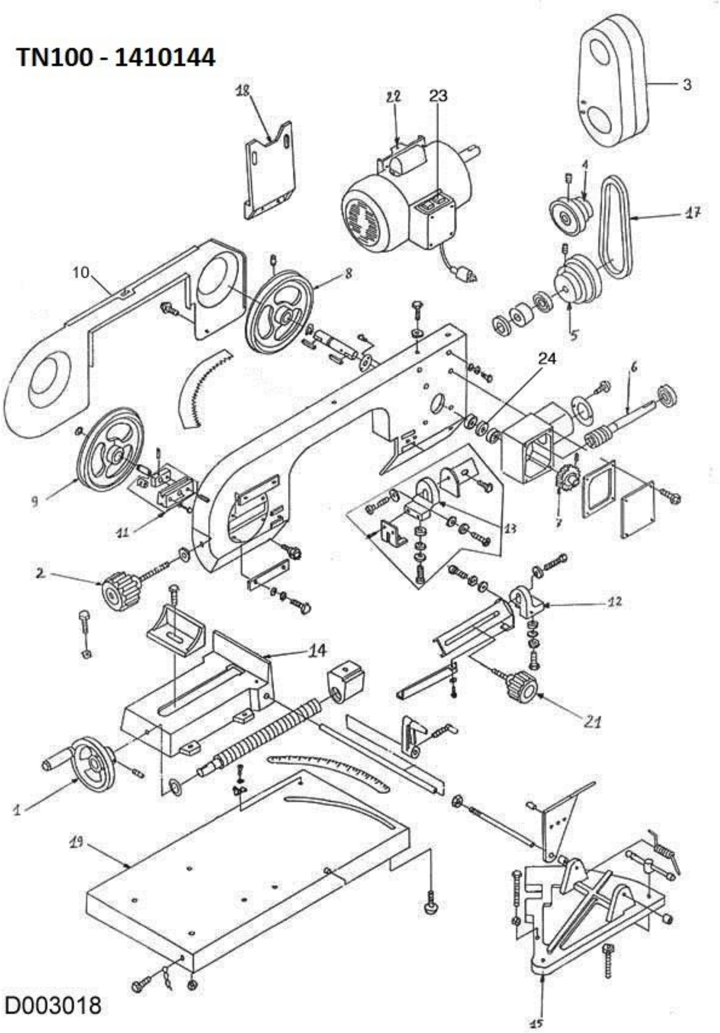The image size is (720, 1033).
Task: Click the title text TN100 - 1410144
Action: [116, 58]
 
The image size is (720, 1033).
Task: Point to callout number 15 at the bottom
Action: [537, 1023]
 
